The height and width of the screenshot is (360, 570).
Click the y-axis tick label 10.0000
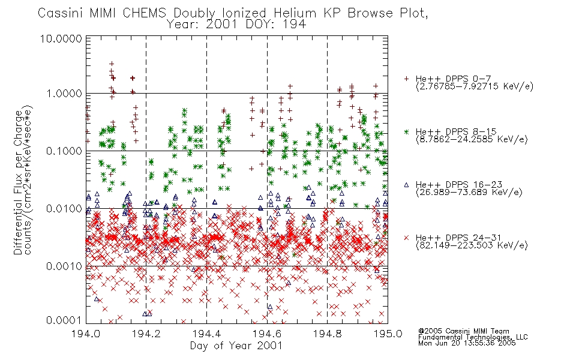click(61, 39)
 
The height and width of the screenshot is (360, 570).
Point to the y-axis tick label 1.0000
click(64, 94)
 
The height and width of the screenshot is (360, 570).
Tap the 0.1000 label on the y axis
click(64, 151)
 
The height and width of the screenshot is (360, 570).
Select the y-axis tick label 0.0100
click(64, 209)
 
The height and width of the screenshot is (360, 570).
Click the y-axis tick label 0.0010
click(64, 266)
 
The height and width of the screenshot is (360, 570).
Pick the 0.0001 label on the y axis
click(64, 320)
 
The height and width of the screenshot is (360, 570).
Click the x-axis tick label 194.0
click(86, 334)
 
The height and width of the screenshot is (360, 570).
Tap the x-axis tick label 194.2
click(146, 334)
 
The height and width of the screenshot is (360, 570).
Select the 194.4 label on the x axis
click(207, 334)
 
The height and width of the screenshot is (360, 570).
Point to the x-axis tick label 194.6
click(267, 334)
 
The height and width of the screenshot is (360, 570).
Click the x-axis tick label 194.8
click(328, 334)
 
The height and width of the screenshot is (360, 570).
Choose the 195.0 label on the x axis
click(388, 334)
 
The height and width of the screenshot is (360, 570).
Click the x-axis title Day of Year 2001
click(236, 346)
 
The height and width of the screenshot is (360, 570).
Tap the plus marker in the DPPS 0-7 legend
click(406, 79)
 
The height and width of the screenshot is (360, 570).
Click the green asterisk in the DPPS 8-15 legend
click(406, 131)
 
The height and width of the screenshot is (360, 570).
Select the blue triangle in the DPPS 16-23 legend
click(406, 185)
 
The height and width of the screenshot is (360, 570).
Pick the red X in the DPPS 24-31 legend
click(406, 238)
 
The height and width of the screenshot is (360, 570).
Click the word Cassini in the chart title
click(61, 13)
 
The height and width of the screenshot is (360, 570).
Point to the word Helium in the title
click(295, 13)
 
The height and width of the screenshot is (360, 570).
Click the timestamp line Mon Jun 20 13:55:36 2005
click(467, 343)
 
